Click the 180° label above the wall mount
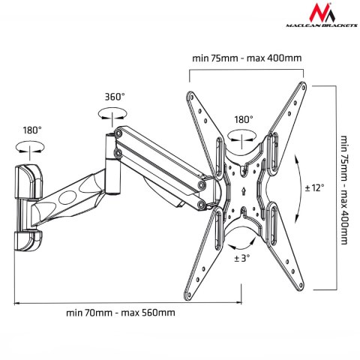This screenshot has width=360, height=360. click(x=31, y=130)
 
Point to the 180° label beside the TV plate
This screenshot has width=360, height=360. click(x=243, y=119)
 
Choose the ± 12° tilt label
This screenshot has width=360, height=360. click(x=314, y=187)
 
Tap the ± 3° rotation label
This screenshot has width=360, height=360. click(x=242, y=259)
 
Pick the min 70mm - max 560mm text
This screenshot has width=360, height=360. click(x=121, y=313)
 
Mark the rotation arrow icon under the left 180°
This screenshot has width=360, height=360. click(x=31, y=145)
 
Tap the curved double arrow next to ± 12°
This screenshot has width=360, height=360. click(x=298, y=187)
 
